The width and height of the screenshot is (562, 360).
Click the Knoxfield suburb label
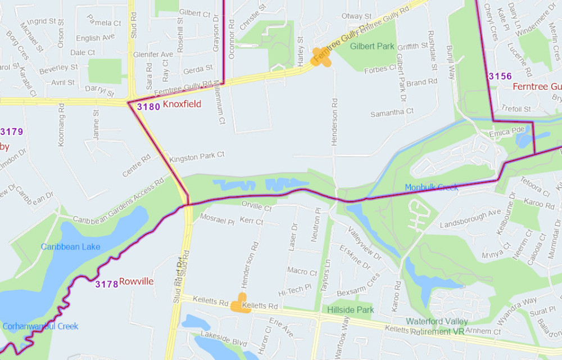[182, 105]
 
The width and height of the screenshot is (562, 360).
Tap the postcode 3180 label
[148, 106]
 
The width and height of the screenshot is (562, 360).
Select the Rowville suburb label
[137, 281]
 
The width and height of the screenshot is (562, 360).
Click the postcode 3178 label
[106, 284]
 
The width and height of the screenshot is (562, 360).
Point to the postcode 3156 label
[500, 76]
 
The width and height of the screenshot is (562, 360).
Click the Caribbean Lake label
[70, 247]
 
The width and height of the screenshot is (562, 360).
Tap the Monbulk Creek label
[432, 187]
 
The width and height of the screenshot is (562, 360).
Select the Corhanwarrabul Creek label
[40, 326]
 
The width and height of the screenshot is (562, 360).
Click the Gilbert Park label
[372, 46]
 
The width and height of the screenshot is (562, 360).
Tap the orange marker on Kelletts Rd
[241, 303]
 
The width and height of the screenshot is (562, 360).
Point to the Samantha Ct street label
[392, 112]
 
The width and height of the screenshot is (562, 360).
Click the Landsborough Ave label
[470, 213]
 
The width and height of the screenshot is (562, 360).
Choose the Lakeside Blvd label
[224, 342]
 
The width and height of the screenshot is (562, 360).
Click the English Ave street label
[95, 38]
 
